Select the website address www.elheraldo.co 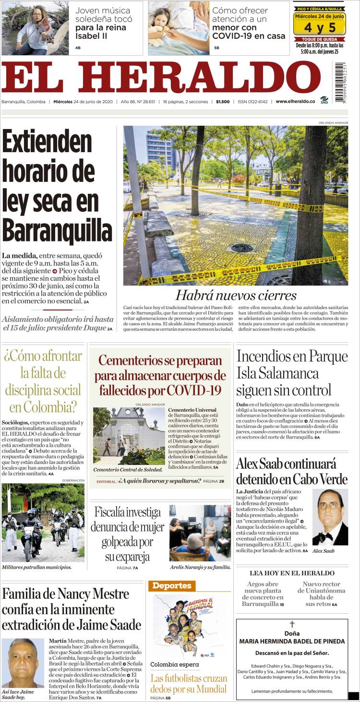point(295,102)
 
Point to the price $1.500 point(223,102)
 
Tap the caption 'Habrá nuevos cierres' point(235,295)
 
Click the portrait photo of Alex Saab point(330,517)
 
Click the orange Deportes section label point(172,585)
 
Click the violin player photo point(36,28)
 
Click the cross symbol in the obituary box point(291,624)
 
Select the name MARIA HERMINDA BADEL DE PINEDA point(292,641)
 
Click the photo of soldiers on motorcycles point(43,523)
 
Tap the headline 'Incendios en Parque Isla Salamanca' point(292,373)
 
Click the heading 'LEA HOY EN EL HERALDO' point(292,573)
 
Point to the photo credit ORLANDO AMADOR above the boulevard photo point(333,123)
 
